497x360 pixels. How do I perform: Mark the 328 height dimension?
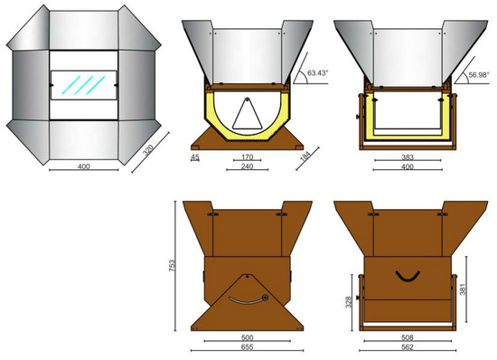click(x=348, y=303)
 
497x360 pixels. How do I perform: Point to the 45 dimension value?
click(x=196, y=157)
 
